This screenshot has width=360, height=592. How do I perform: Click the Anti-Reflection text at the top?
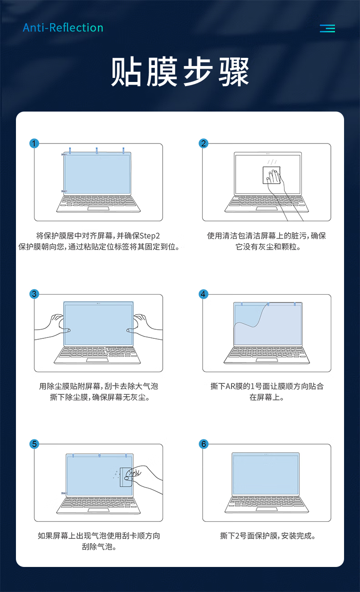pos(63,28)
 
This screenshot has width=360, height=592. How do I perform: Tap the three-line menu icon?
pos(327,28)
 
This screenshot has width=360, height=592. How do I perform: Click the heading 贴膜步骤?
pos(180,72)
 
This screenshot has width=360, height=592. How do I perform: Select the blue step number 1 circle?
pos(34,143)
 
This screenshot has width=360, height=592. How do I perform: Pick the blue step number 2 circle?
pos(203,143)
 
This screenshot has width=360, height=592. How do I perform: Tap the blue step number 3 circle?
pos(34,294)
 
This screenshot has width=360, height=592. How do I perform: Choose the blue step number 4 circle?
pos(203,294)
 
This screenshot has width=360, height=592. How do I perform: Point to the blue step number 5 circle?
pos(34,444)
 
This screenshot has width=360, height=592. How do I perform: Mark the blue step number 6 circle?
pos(203,444)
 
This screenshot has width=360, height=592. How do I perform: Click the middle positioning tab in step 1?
pos(97,150)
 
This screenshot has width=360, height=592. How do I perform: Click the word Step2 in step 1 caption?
pos(149,236)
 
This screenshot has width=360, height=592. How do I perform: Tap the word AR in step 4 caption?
pos(231,386)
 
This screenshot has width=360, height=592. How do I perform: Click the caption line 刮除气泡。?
pos(99,547)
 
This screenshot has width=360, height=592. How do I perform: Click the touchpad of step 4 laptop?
pos(267,360)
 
